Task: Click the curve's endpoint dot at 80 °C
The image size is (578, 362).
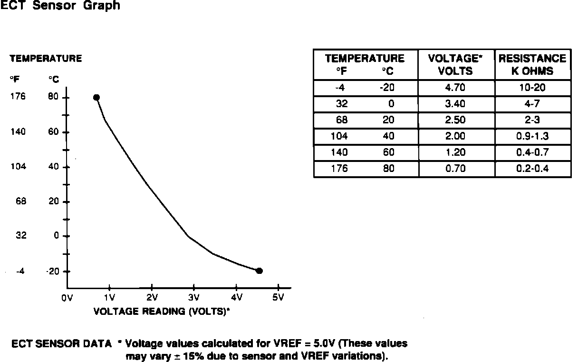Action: pyautogui.click(x=96, y=97)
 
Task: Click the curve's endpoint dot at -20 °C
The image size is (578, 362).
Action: pyautogui.click(x=259, y=271)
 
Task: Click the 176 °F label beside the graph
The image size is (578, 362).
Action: pyautogui.click(x=18, y=97)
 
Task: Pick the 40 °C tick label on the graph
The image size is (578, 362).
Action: pyautogui.click(x=53, y=167)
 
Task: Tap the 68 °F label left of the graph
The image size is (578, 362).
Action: pyautogui.click(x=21, y=201)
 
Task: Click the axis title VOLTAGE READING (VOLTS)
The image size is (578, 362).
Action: pyautogui.click(x=162, y=312)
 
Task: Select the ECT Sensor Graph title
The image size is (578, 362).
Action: pyautogui.click(x=60, y=6)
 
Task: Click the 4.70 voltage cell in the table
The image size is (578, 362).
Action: pyautogui.click(x=455, y=88)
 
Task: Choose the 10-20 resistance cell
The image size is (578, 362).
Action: pyautogui.click(x=532, y=88)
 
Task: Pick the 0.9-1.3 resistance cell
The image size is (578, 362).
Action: pyautogui.click(x=532, y=136)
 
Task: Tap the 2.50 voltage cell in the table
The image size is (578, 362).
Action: pyautogui.click(x=455, y=120)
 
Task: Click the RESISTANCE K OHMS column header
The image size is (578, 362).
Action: pyautogui.click(x=532, y=65)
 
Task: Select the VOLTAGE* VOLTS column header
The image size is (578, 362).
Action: pyautogui.click(x=455, y=65)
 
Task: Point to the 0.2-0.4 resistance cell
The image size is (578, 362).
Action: pyautogui.click(x=532, y=169)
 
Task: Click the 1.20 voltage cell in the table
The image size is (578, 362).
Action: pyautogui.click(x=455, y=152)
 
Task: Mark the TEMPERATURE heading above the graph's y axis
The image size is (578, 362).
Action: pyautogui.click(x=46, y=59)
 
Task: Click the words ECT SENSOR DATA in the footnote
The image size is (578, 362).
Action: pyautogui.click(x=62, y=344)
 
